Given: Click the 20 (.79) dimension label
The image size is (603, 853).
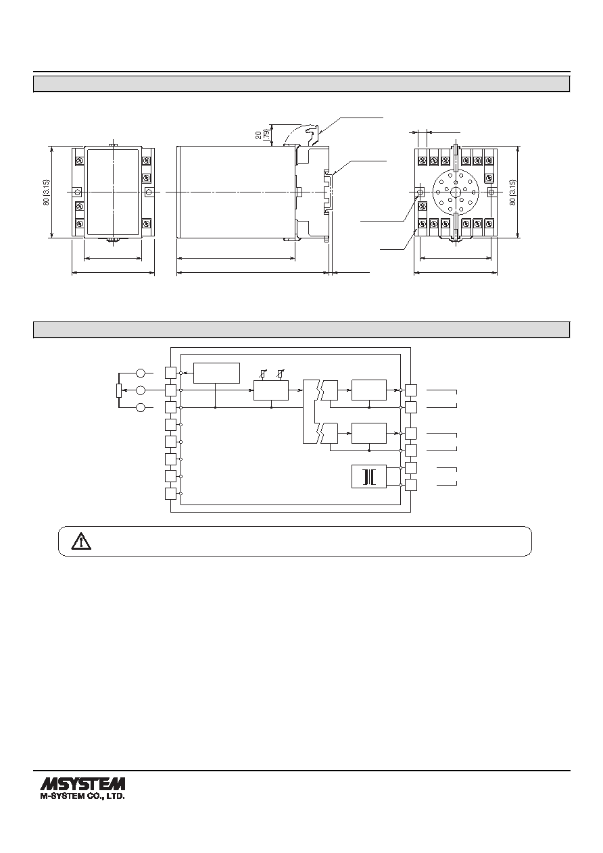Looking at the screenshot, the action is (262, 134).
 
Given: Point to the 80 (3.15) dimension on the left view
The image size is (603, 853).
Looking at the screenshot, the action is (47, 192).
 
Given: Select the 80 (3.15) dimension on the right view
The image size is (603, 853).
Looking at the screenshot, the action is (512, 192).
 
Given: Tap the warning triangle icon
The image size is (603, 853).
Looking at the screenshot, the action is (81, 541).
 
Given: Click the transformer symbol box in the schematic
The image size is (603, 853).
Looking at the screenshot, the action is (368, 476).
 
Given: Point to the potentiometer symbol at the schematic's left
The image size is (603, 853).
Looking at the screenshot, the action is (118, 390).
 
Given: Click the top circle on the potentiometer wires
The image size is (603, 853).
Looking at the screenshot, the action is (141, 373).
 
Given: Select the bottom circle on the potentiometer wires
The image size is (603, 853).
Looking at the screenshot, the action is (141, 407).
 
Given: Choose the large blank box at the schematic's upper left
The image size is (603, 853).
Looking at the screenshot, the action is (216, 373).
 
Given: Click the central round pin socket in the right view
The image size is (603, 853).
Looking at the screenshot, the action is (456, 192).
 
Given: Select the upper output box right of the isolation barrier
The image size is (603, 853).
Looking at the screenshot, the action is (368, 390).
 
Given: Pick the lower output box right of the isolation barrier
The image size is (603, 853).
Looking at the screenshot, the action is (368, 434).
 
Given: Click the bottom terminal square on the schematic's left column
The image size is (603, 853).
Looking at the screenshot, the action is (171, 494).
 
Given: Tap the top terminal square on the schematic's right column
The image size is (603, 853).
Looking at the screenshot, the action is (411, 390).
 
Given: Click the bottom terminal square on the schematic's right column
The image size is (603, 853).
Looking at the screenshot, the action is (411, 485).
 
